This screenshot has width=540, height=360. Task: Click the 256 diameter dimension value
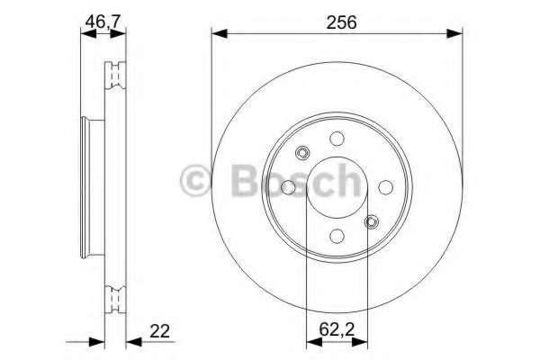(337, 22)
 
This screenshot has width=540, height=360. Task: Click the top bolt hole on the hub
(337, 139)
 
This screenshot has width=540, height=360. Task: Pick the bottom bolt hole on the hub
(337, 236)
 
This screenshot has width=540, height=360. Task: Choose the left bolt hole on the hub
(288, 187)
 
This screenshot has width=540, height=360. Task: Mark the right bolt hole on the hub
(385, 187)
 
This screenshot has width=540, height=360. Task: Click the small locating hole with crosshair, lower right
(371, 221)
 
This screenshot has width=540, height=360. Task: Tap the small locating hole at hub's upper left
(302, 153)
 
